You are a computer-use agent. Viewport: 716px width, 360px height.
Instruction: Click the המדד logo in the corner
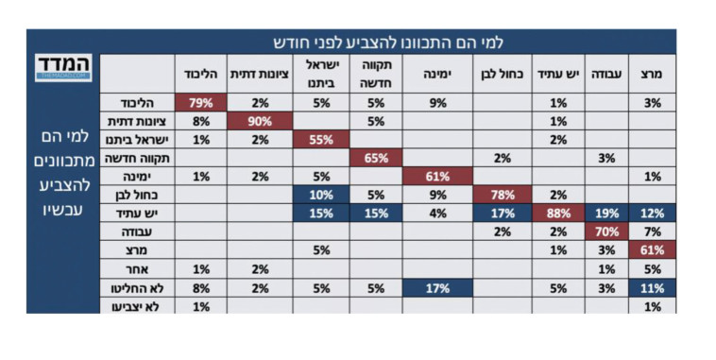[64, 68]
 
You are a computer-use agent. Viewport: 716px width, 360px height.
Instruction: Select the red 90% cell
[261, 121]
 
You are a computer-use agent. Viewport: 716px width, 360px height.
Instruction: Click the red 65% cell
[377, 158]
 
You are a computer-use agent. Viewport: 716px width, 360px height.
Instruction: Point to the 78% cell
[500, 195]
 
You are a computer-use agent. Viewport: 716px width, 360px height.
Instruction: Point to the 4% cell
[437, 214]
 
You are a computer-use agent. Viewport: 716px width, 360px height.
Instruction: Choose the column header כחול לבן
[500, 74]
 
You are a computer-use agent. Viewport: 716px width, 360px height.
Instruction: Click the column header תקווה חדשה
[377, 74]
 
